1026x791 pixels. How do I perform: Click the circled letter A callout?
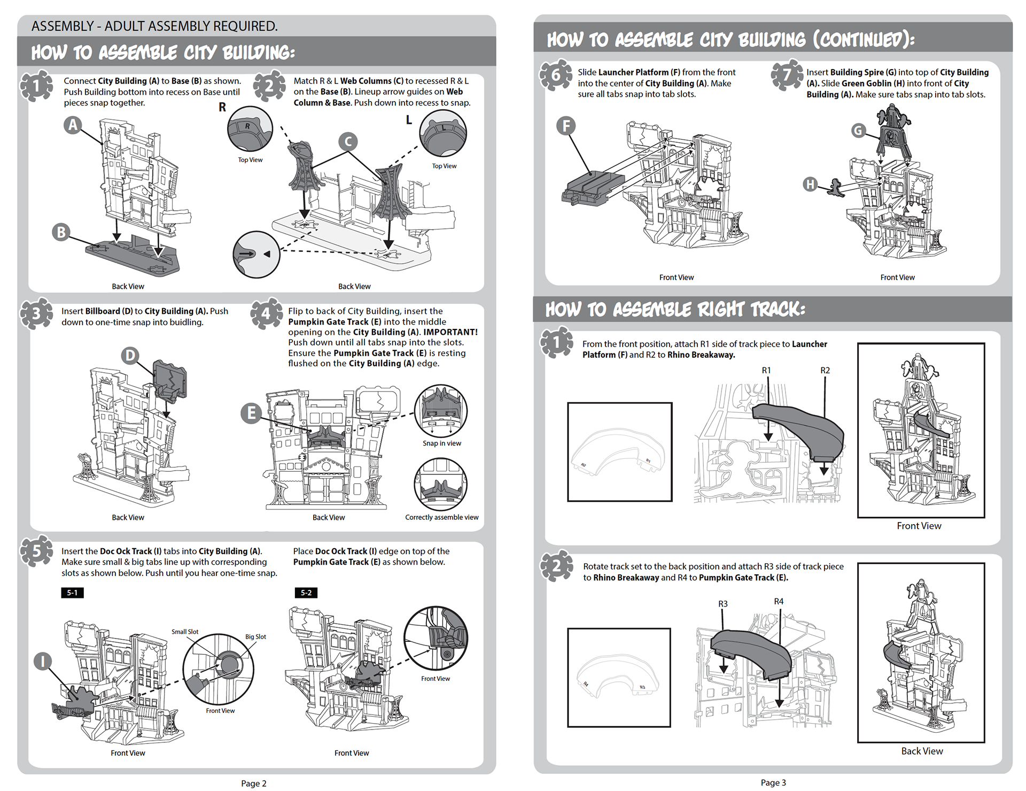point(73,125)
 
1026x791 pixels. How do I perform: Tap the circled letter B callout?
point(61,232)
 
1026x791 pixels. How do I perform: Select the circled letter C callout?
point(348,142)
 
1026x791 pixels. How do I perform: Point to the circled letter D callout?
point(130,356)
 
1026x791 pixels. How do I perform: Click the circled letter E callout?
point(251,413)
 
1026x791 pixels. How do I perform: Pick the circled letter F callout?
point(566,126)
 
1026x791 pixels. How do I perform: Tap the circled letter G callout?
point(858,130)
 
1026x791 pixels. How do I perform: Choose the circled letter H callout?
point(810,185)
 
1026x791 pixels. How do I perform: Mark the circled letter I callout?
point(42,662)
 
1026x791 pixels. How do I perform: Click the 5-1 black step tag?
point(72,593)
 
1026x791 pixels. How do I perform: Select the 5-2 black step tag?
point(306,593)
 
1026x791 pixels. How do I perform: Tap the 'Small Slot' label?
point(184,632)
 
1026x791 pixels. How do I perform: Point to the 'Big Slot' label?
point(255,636)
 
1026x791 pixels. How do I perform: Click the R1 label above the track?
point(766,370)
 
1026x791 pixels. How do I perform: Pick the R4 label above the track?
point(779,602)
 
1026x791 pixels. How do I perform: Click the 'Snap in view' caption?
point(441,443)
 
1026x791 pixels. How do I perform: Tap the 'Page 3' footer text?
point(773,782)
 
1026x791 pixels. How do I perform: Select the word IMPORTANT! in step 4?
point(450,332)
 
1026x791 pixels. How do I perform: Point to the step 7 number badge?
point(787,75)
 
